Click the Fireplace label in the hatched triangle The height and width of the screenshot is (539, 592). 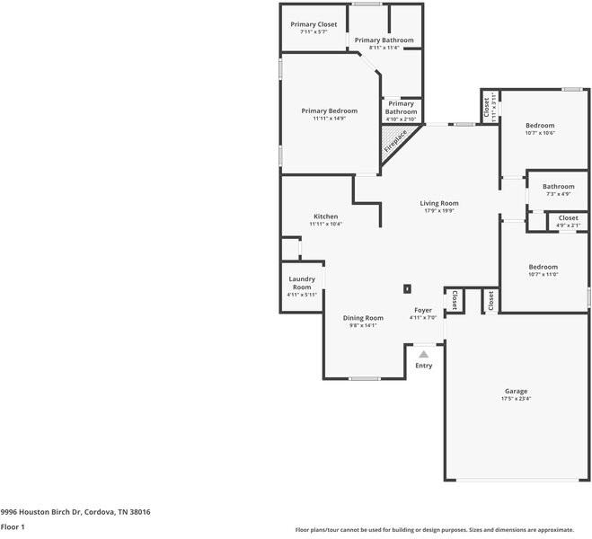[395, 141]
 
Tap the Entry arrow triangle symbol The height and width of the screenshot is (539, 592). [424, 354]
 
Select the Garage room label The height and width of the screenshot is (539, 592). [517, 391]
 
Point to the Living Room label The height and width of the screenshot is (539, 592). [439, 203]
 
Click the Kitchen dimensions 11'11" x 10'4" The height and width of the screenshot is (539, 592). [326, 224]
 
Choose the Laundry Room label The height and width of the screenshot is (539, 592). [302, 283]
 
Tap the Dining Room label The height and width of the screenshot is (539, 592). [363, 318]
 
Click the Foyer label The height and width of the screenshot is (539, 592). [423, 310]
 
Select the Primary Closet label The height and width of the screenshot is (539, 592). [314, 24]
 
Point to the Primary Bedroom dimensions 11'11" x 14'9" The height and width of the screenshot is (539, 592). [329, 119]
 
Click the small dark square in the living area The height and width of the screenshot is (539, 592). [407, 288]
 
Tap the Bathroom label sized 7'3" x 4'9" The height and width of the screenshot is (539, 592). [559, 187]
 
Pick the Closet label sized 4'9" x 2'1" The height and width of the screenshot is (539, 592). [569, 217]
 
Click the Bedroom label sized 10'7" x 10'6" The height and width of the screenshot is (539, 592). [540, 125]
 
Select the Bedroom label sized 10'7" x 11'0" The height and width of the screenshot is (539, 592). [543, 267]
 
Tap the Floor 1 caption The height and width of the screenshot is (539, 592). [13, 526]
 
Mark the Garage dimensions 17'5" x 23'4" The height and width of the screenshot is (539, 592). [517, 399]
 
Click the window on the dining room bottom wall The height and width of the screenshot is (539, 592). [365, 378]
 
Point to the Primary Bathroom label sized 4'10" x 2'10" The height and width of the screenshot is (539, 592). [401, 108]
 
